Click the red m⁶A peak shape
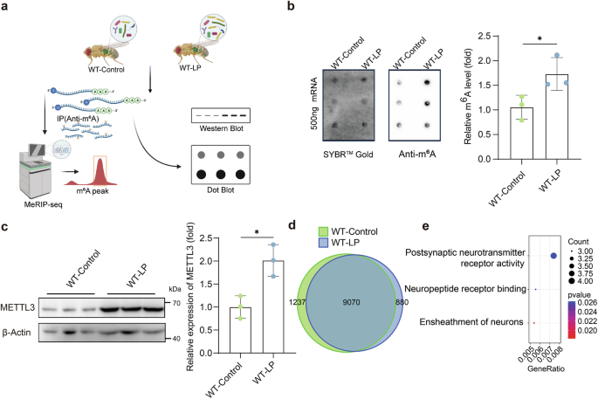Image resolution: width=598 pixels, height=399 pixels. pyautogui.click(x=107, y=180)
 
